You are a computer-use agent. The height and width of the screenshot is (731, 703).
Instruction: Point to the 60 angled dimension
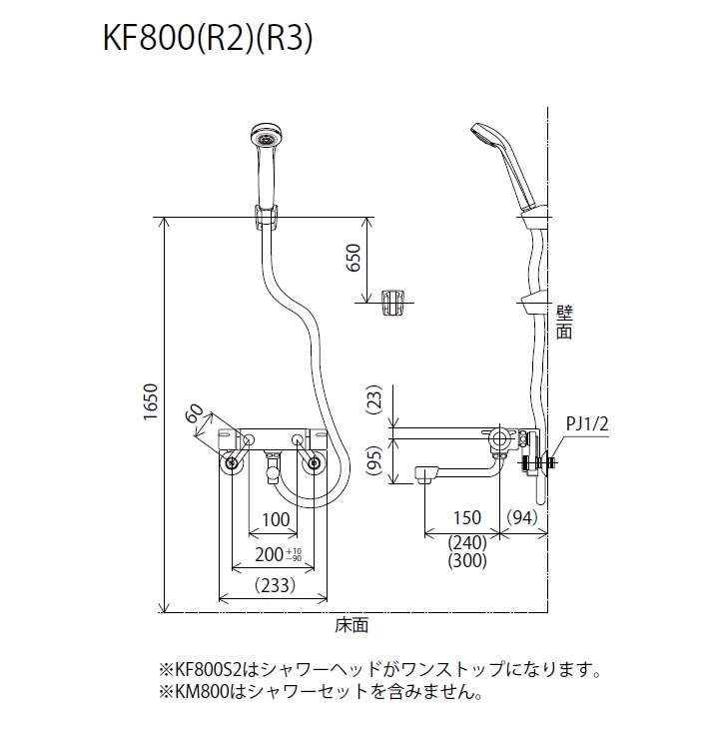[196, 414]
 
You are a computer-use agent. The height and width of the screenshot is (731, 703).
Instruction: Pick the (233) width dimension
[274, 584]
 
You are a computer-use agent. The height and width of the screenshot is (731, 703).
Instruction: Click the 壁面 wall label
[564, 323]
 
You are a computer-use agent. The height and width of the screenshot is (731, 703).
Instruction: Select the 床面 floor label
[351, 625]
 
